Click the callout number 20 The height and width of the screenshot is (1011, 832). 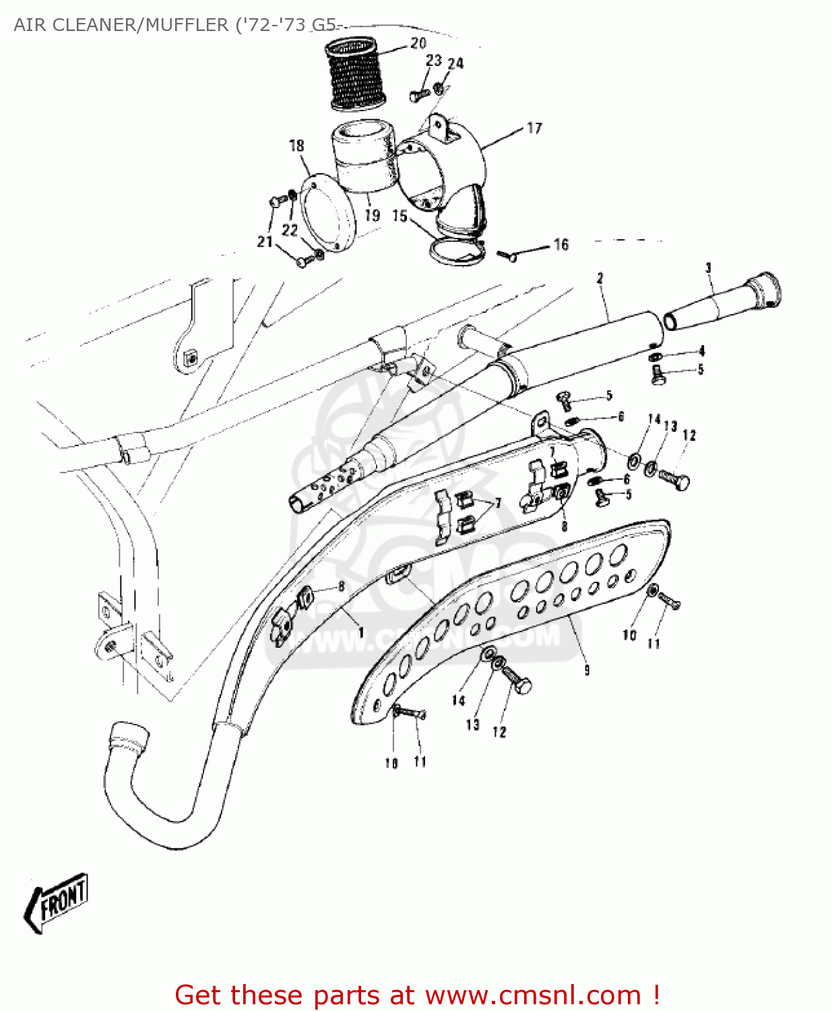pos(418,43)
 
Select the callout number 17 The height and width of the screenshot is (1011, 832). pos(534,128)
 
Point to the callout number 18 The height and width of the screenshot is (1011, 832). pos(296,146)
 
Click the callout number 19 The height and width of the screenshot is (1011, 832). pos(373,216)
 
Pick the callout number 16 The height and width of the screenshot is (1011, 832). pos(561,245)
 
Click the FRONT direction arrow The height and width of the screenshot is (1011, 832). pos(58,903)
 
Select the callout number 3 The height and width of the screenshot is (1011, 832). pos(708,268)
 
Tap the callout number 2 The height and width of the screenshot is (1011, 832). pos(600,278)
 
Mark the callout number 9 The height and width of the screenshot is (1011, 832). pos(587,669)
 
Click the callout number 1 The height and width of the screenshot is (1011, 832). pos(361,632)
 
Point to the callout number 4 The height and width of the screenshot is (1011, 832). pos(701,351)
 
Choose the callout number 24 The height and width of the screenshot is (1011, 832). pos(456,63)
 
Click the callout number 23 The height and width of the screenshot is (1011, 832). pos(434,61)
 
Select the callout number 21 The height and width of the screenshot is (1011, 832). pos(265,241)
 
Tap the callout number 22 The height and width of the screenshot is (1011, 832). pos(290,231)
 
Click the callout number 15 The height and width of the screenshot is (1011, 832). pos(399,216)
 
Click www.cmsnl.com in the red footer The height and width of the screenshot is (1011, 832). pos(533,995)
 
